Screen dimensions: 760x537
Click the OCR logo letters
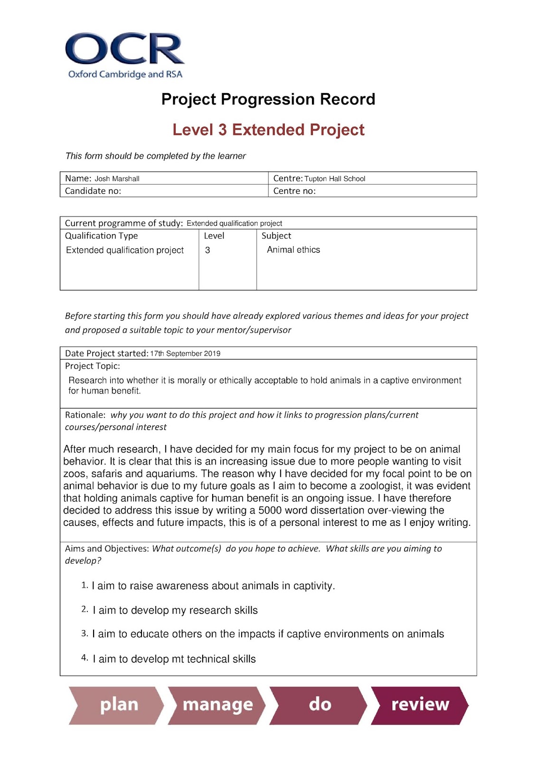pos(124,49)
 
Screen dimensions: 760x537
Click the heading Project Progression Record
pos(268,99)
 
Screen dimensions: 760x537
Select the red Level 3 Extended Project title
pos(268,130)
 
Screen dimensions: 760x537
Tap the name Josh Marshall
pos(117,179)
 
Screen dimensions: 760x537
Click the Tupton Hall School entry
pos(335,179)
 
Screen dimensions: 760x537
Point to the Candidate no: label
pos(93,191)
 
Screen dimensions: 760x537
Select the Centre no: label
pos(294,191)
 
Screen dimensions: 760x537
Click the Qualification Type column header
pos(101,236)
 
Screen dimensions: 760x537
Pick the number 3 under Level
pos(207,250)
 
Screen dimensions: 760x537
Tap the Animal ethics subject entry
pos(293,250)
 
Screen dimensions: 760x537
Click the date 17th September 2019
pos(185,353)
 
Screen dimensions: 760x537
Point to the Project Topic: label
pos(93,366)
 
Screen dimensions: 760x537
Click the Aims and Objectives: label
pos(107,549)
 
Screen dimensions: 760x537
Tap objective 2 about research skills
pos(175,610)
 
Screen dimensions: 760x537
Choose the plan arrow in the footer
pos(116,705)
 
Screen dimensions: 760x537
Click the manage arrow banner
pos(217,705)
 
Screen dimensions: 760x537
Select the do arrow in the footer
pos(319,705)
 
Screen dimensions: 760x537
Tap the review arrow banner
pos(420,705)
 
